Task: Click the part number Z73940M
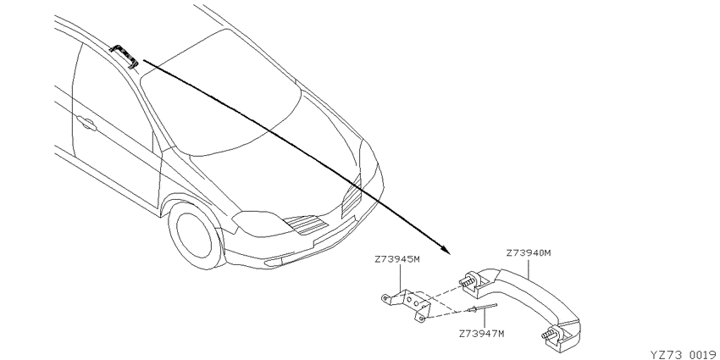528,253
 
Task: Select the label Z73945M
397,259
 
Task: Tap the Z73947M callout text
481,334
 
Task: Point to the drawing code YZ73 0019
685,355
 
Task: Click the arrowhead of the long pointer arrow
446,250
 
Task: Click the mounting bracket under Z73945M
406,304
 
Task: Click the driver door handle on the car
86,123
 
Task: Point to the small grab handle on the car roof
124,56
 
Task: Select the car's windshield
220,91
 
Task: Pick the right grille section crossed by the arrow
352,197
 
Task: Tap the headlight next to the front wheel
258,224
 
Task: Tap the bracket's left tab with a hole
386,298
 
